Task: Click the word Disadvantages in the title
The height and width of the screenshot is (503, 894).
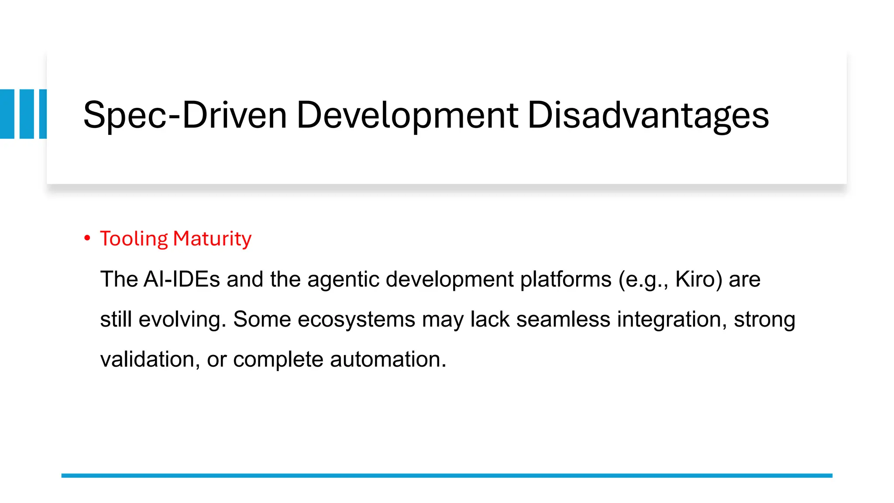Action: [x=648, y=115]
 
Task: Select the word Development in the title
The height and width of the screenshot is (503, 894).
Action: [x=407, y=115]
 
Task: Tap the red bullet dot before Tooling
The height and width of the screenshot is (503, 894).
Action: [x=87, y=238]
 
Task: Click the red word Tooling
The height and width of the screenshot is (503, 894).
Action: [x=134, y=239]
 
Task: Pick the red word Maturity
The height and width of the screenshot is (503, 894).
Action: [x=212, y=239]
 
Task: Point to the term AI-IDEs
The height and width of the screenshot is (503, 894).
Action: [x=181, y=279]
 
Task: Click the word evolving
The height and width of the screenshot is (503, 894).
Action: [x=182, y=319]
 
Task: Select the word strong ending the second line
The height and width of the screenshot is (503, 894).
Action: [x=764, y=319]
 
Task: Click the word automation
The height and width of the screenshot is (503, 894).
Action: [x=388, y=359]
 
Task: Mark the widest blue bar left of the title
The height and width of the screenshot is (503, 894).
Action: [x=7, y=114]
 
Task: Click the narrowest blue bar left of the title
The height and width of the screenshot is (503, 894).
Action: [x=43, y=114]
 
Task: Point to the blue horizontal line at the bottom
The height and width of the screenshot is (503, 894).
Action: [x=447, y=475]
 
